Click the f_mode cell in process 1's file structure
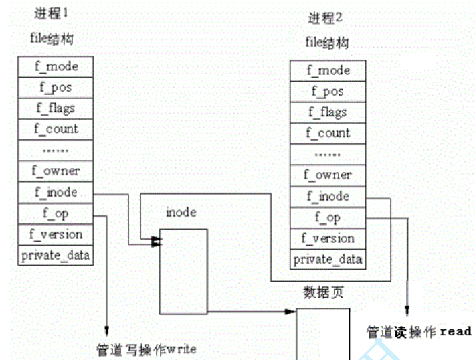click(56, 66)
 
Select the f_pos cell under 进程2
click(328, 91)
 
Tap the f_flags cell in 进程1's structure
click(56, 108)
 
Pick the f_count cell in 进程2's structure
click(328, 133)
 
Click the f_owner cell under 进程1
click(56, 171)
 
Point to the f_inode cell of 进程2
click(328, 196)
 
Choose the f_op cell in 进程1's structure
click(56, 213)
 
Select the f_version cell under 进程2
click(328, 238)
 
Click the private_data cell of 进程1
click(56, 255)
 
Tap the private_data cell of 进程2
click(328, 259)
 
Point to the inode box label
click(181, 213)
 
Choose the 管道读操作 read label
click(419, 331)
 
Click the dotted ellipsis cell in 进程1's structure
click(56, 150)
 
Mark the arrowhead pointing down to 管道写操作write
click(106, 330)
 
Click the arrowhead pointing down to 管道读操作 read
click(407, 310)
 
